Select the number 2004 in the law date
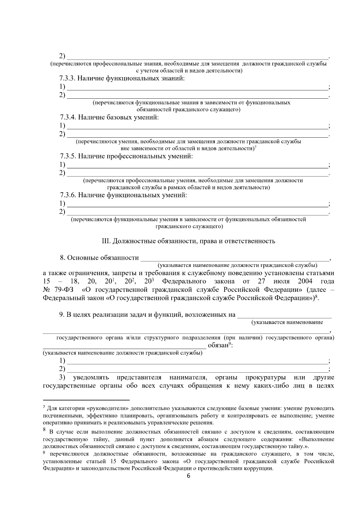tap(305, 281)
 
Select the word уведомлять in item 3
tap(91, 377)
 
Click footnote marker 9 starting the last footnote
tap(44, 453)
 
